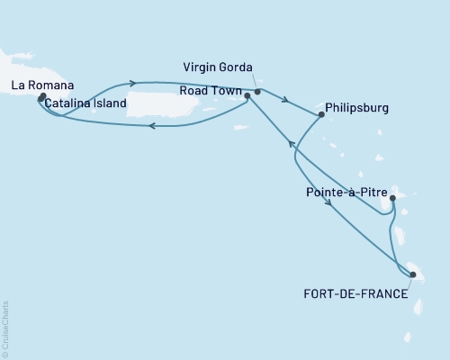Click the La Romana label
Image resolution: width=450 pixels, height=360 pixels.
pos(40,85)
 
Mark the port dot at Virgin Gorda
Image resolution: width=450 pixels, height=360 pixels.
pos(257,92)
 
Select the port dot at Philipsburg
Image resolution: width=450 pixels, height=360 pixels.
pos(320,114)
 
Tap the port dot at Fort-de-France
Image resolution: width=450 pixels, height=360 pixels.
pos(412,275)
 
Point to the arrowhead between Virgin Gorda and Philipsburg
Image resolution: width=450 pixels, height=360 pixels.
pos(285,100)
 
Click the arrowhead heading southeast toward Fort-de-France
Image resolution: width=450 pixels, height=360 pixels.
pos(332,203)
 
